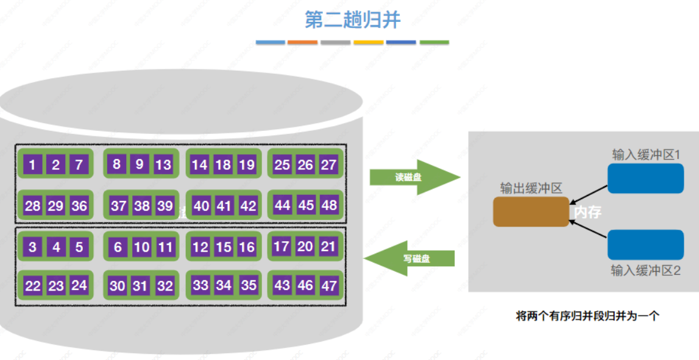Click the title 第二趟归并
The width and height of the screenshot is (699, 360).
click(352, 19)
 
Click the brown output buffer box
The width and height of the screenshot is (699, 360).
click(530, 211)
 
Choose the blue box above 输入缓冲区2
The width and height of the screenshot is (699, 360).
click(645, 245)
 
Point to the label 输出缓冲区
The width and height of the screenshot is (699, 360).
click(530, 188)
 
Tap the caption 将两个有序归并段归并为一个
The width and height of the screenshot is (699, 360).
click(587, 316)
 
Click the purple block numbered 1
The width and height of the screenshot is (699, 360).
click(32, 164)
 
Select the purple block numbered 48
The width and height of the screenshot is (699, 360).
click(329, 205)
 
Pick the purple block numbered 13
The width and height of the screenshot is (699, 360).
click(163, 164)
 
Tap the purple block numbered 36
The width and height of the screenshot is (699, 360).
click(79, 206)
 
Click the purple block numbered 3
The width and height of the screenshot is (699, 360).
click(32, 247)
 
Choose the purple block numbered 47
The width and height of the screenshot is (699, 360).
click(329, 285)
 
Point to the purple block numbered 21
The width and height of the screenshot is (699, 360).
click(328, 247)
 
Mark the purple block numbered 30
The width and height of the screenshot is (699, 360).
click(118, 286)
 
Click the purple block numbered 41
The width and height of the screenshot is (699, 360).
click(224, 206)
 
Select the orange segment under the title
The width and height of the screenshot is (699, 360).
click(302, 43)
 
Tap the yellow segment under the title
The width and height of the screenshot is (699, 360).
click(369, 43)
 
